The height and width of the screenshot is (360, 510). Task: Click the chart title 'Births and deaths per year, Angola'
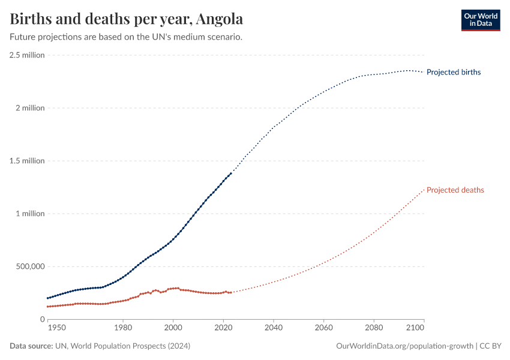coord(127,19)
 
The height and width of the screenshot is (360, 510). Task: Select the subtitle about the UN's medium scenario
coord(126,37)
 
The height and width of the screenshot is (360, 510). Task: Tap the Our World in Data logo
coord(480,20)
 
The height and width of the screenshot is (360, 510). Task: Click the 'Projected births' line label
coord(454,72)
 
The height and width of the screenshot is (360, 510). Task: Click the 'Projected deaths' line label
coord(455,190)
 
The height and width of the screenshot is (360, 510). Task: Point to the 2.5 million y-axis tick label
coord(27,55)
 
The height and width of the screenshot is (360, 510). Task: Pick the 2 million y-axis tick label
coord(29,108)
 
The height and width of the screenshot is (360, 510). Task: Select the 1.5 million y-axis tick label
coord(27,161)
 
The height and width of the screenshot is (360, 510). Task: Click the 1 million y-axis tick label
coord(29,214)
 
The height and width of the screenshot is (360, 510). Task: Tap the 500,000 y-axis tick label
coord(30,266)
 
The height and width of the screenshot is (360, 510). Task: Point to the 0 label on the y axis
coord(42,319)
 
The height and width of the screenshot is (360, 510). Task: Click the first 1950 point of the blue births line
coord(48,298)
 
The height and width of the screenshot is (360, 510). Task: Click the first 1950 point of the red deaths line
coord(48,307)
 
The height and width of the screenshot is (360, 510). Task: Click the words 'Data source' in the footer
coord(31,346)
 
